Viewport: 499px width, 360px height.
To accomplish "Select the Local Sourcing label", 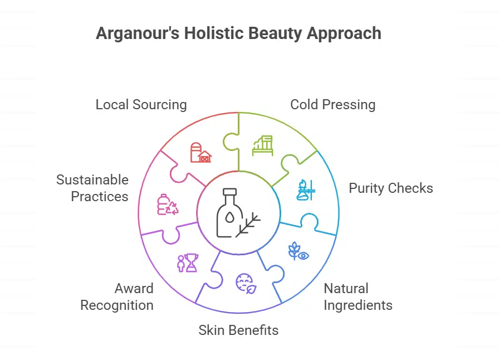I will click(x=141, y=104).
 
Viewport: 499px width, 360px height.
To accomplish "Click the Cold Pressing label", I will click(x=332, y=104).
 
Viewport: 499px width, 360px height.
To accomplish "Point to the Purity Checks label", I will click(x=390, y=188).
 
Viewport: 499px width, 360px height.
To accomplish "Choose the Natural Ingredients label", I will click(x=358, y=297).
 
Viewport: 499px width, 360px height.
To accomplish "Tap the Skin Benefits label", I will click(x=238, y=330).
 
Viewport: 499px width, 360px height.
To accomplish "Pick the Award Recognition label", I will click(x=117, y=297).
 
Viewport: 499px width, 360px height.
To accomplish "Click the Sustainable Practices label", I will click(x=92, y=188).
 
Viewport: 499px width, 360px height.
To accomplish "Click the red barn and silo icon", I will click(x=200, y=152).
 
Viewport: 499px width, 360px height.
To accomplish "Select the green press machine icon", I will click(x=263, y=145).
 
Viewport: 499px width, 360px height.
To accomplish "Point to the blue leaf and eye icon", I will click(x=299, y=251).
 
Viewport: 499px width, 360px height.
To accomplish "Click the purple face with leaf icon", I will click(x=245, y=283).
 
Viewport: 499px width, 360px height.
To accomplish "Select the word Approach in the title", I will click(x=345, y=33).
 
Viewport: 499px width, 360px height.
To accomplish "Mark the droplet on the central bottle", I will click(x=229, y=218).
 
